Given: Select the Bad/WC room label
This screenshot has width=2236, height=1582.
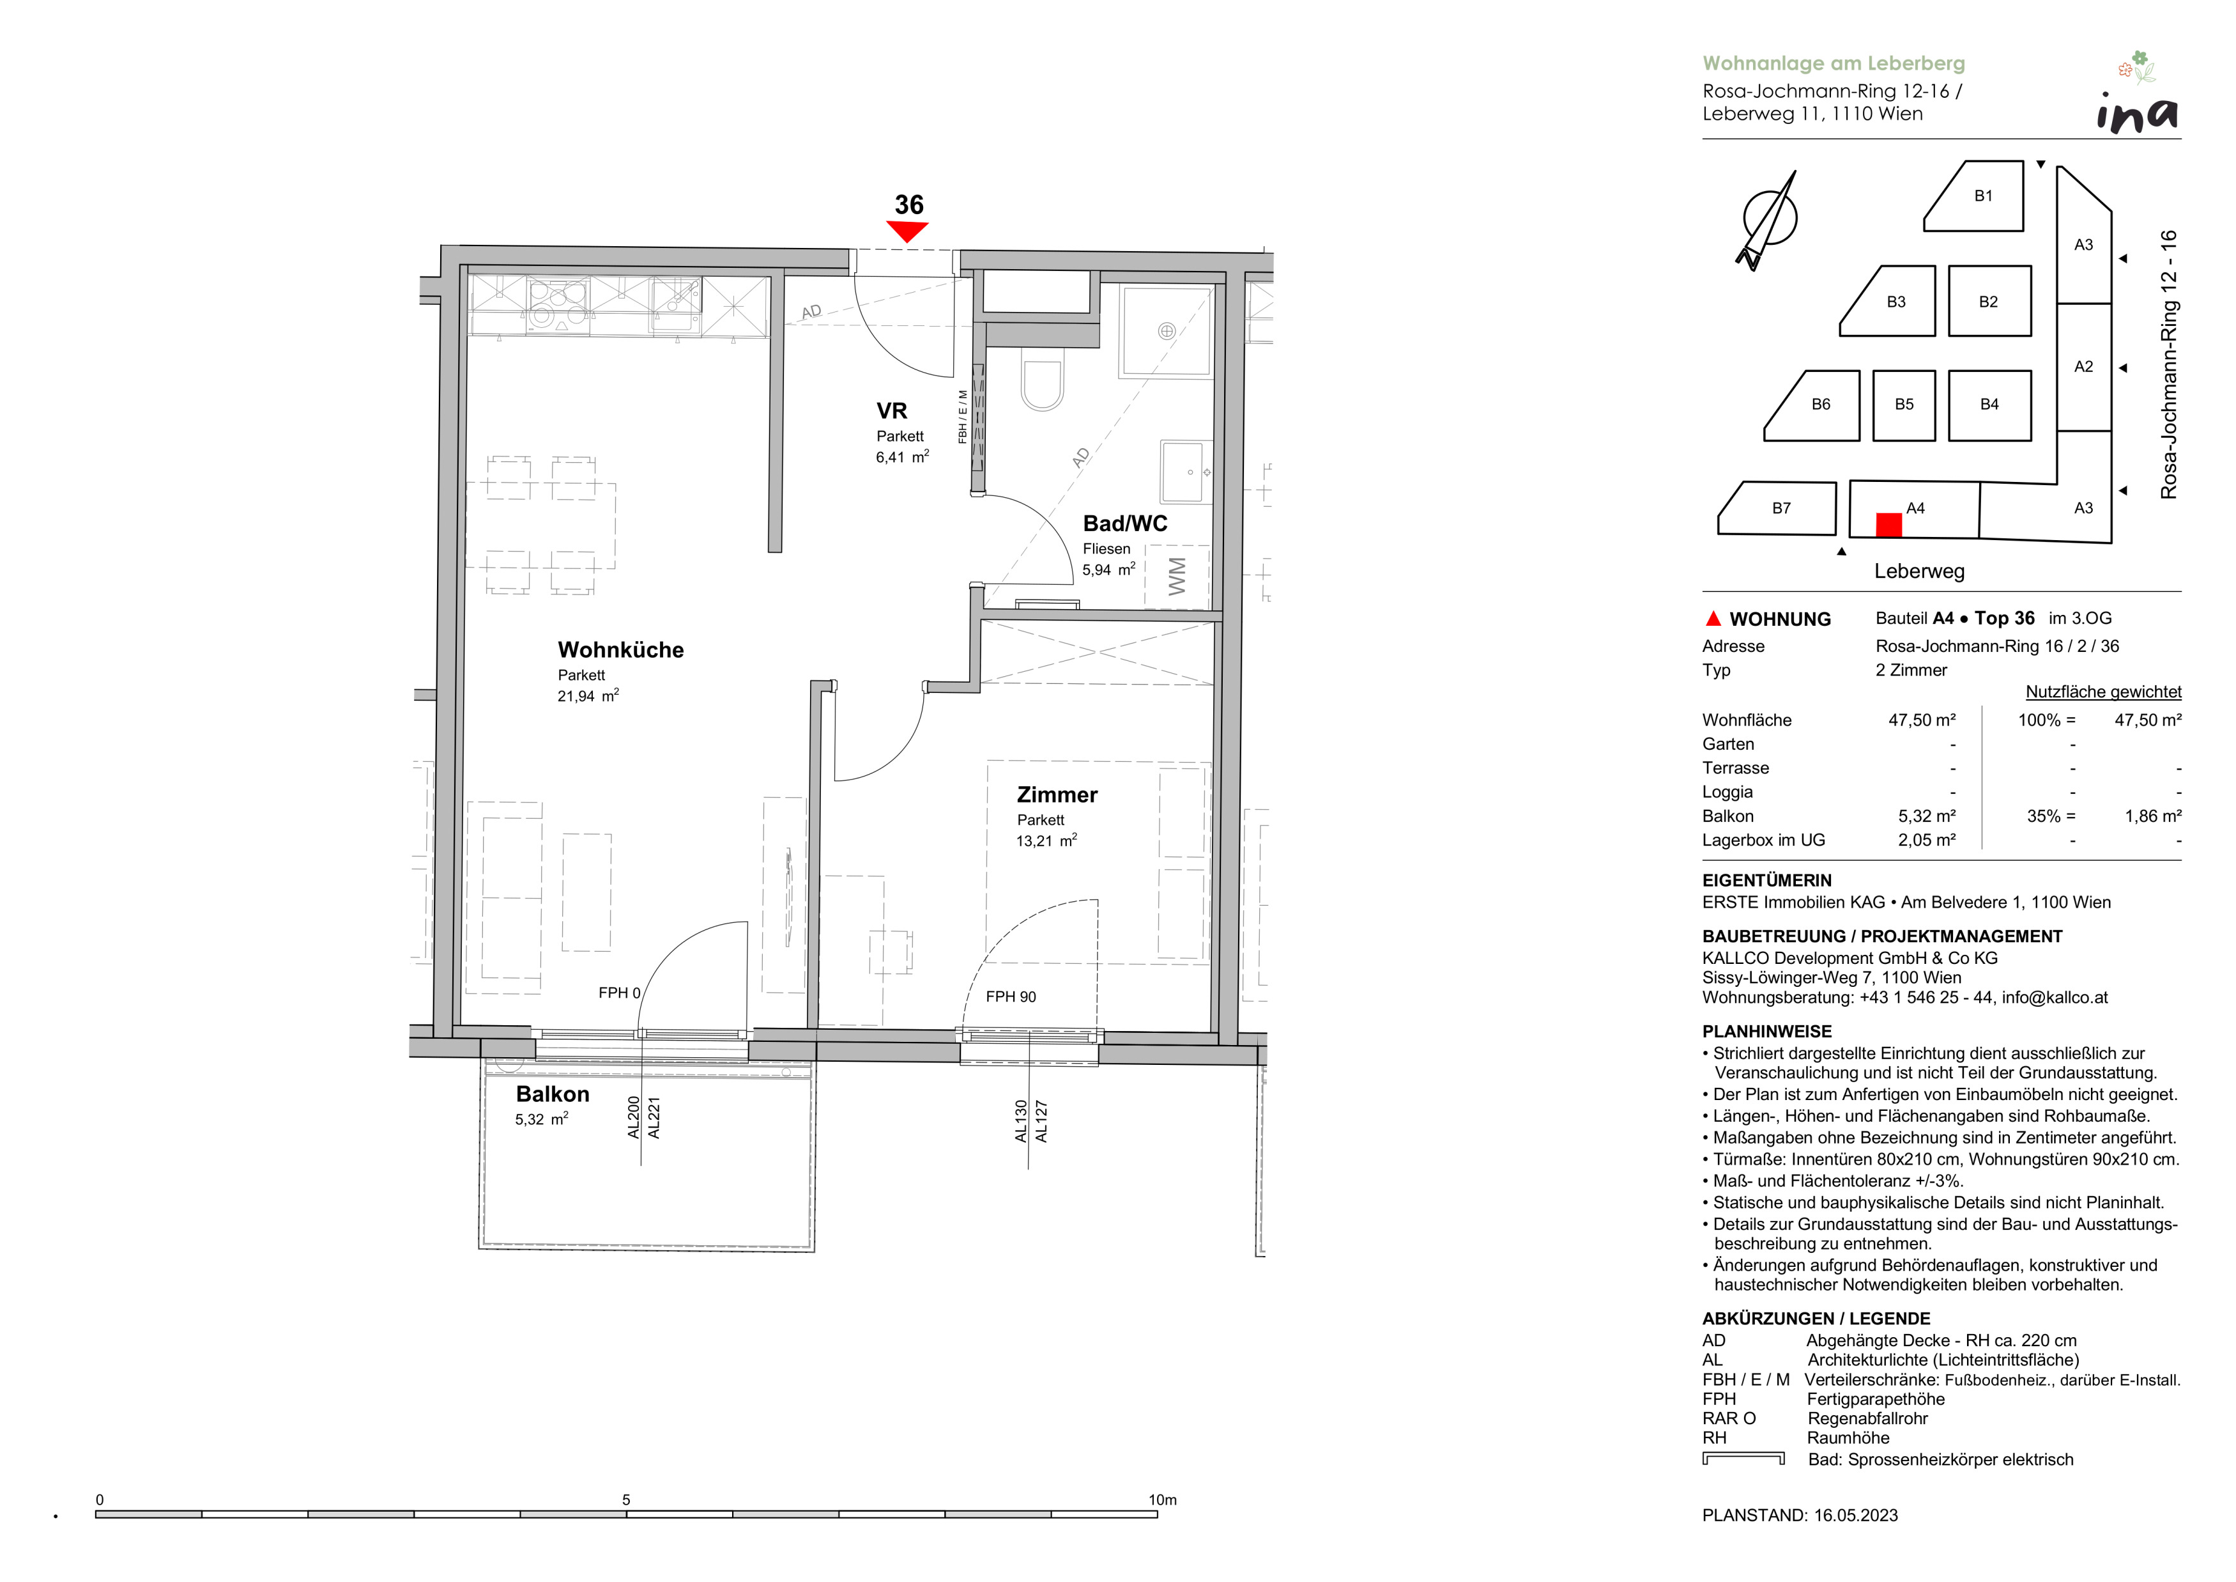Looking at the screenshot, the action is (1125, 523).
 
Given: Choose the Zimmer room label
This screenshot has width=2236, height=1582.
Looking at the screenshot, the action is (1057, 795).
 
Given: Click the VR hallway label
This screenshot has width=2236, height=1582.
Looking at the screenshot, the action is (891, 411).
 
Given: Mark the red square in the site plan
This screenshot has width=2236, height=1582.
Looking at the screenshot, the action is (1888, 524).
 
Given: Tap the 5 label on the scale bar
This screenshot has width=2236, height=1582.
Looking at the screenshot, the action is (626, 1499).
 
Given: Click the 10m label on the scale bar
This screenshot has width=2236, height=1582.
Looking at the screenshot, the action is (1162, 1499).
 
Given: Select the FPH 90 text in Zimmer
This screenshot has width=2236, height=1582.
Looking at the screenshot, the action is (1011, 997).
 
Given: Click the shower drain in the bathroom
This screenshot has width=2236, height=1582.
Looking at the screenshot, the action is (1166, 331).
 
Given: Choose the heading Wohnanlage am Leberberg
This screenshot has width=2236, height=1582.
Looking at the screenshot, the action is (1834, 63).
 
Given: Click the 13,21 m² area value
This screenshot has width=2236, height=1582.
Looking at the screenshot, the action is (1046, 841).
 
